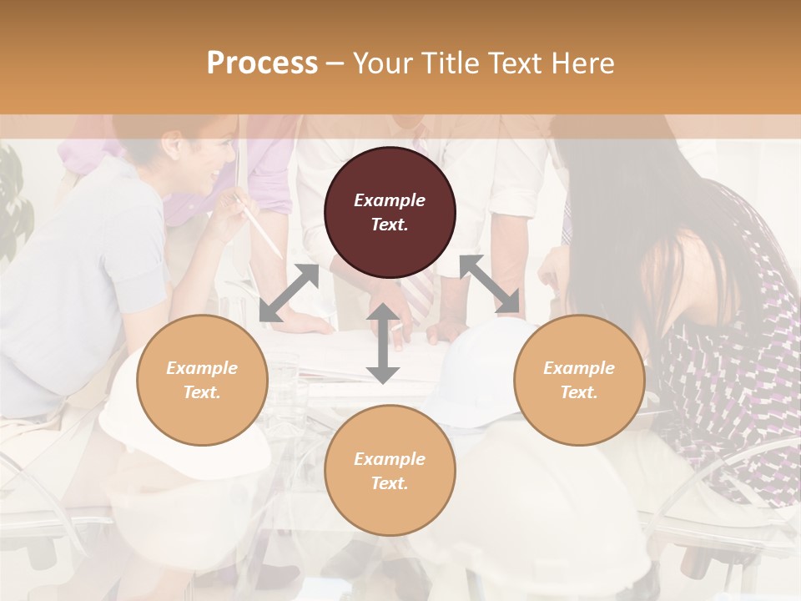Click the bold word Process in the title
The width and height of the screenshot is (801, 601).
[262, 63]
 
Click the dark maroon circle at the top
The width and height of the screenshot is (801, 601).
[390, 212]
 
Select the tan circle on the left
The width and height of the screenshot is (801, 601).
[202, 380]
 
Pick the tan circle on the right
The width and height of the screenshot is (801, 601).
[579, 380]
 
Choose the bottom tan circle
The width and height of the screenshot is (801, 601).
[390, 471]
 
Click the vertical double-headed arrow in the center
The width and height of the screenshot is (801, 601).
[382, 343]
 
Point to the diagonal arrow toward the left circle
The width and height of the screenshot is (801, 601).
[289, 293]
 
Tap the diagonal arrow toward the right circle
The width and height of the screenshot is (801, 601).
[490, 284]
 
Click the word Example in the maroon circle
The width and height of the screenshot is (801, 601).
[390, 200]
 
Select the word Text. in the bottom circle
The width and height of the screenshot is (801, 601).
[390, 483]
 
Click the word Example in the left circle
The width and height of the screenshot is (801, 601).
[202, 368]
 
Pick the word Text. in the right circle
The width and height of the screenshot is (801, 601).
[579, 392]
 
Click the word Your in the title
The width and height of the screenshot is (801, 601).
[379, 63]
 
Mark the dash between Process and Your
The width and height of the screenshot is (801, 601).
[335, 63]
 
